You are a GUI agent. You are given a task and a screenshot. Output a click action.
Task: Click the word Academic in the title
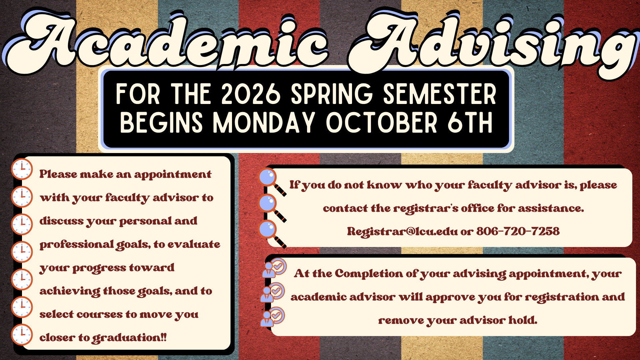pyautogui.click(x=167, y=42)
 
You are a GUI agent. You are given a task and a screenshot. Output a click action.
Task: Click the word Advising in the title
pyautogui.click(x=493, y=43)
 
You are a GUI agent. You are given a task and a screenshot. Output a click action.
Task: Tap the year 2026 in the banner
pyautogui.click(x=251, y=94)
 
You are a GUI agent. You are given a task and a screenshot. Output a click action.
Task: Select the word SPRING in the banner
pyautogui.click(x=332, y=94)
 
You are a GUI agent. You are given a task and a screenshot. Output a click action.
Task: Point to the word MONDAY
pyautogui.click(x=264, y=122)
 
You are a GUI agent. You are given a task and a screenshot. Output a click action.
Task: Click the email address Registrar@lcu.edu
pyautogui.click(x=402, y=231)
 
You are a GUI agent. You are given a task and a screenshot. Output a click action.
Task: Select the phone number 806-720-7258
pyautogui.click(x=518, y=231)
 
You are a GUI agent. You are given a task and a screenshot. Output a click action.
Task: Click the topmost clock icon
pyautogui.click(x=22, y=169)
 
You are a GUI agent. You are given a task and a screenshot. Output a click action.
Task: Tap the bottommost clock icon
pyautogui.click(x=22, y=334)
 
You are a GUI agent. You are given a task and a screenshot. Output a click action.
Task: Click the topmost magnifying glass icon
pyautogui.click(x=272, y=182)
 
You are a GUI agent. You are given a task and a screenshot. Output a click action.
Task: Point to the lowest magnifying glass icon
pyautogui.click(x=272, y=234)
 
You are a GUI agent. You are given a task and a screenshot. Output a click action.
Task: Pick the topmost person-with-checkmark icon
pyautogui.click(x=274, y=268)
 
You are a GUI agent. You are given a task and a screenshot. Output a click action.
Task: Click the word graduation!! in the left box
pyautogui.click(x=129, y=338)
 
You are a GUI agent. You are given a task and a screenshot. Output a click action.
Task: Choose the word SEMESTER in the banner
pyautogui.click(x=440, y=94)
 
